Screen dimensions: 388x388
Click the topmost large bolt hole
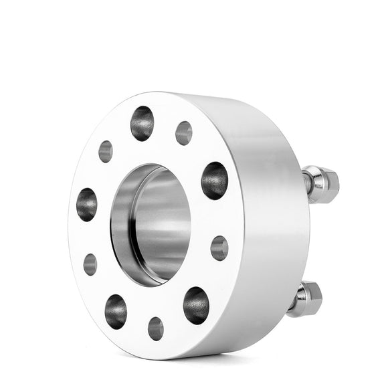click(142, 123)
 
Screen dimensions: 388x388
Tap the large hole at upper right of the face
click(214, 181)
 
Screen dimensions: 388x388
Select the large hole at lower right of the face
click(196, 305)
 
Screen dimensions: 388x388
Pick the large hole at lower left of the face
click(116, 311)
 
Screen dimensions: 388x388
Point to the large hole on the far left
click(87, 204)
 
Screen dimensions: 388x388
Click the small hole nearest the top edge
click(184, 132)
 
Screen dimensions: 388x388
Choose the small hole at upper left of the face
click(106, 151)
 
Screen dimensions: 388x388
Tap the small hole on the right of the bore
click(219, 248)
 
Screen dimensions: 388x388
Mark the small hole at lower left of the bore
click(90, 264)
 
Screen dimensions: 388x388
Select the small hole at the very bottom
click(156, 328)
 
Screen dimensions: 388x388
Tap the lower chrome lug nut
click(308, 297)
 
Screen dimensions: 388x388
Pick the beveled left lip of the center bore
click(119, 221)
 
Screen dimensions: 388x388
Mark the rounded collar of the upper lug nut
click(315, 183)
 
